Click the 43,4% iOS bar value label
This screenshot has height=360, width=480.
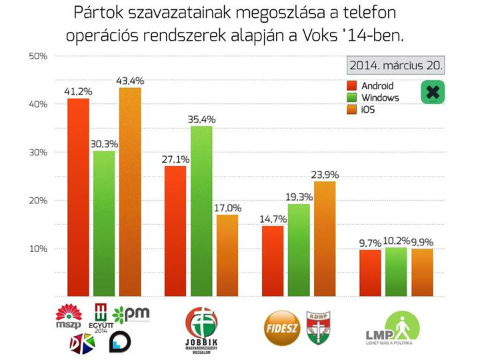(131, 81)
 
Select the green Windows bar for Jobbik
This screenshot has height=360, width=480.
(201, 210)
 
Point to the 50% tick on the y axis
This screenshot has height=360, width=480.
(38, 56)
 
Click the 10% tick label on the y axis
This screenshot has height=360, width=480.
(38, 249)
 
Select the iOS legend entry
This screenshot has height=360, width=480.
(368, 109)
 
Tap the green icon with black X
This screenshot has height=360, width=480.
(433, 92)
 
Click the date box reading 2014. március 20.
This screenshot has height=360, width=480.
(397, 66)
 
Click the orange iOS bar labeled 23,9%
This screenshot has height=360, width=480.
(324, 238)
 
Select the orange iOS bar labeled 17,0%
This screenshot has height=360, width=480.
(227, 255)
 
